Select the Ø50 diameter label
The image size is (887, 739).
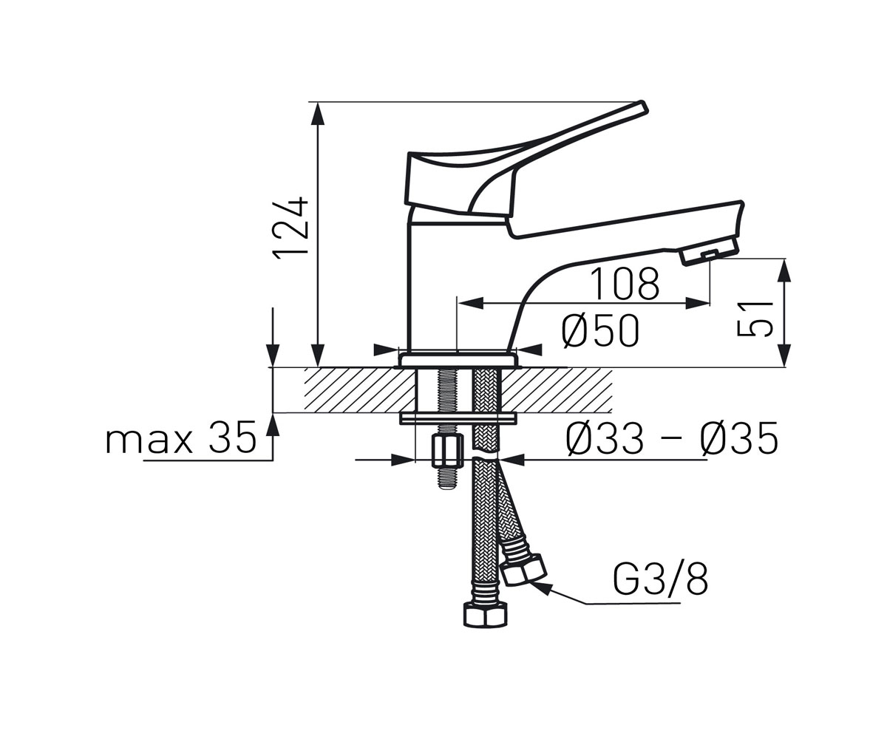click(600, 331)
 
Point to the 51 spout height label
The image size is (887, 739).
click(754, 319)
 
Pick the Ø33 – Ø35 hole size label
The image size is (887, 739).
click(672, 438)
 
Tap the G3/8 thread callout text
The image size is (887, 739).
click(661, 580)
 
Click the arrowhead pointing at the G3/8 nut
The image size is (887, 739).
click(540, 588)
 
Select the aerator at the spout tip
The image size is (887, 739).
click(710, 252)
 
